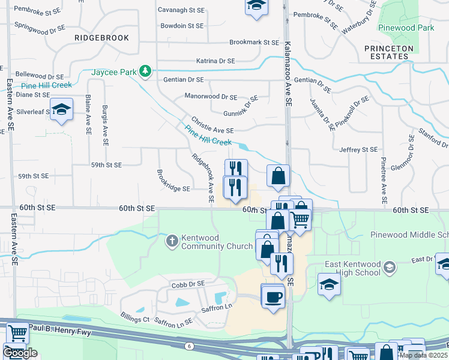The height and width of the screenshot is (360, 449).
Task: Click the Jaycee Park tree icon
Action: click(x=145, y=72)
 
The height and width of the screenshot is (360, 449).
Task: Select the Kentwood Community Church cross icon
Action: click(x=172, y=241)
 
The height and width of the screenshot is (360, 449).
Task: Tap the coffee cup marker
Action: click(x=274, y=297)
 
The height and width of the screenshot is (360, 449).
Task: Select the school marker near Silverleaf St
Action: click(x=61, y=109)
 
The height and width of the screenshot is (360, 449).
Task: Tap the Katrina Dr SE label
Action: click(x=215, y=61)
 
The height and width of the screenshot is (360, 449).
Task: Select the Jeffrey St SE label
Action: click(x=358, y=149)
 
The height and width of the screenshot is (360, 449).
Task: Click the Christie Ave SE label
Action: click(x=212, y=130)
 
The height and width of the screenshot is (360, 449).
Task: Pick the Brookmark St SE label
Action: click(x=255, y=43)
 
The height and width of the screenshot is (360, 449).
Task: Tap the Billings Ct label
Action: click(x=134, y=319)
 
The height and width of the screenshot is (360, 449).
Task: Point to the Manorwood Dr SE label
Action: click(x=211, y=97)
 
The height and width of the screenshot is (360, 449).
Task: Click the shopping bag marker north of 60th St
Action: click(x=278, y=176)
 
